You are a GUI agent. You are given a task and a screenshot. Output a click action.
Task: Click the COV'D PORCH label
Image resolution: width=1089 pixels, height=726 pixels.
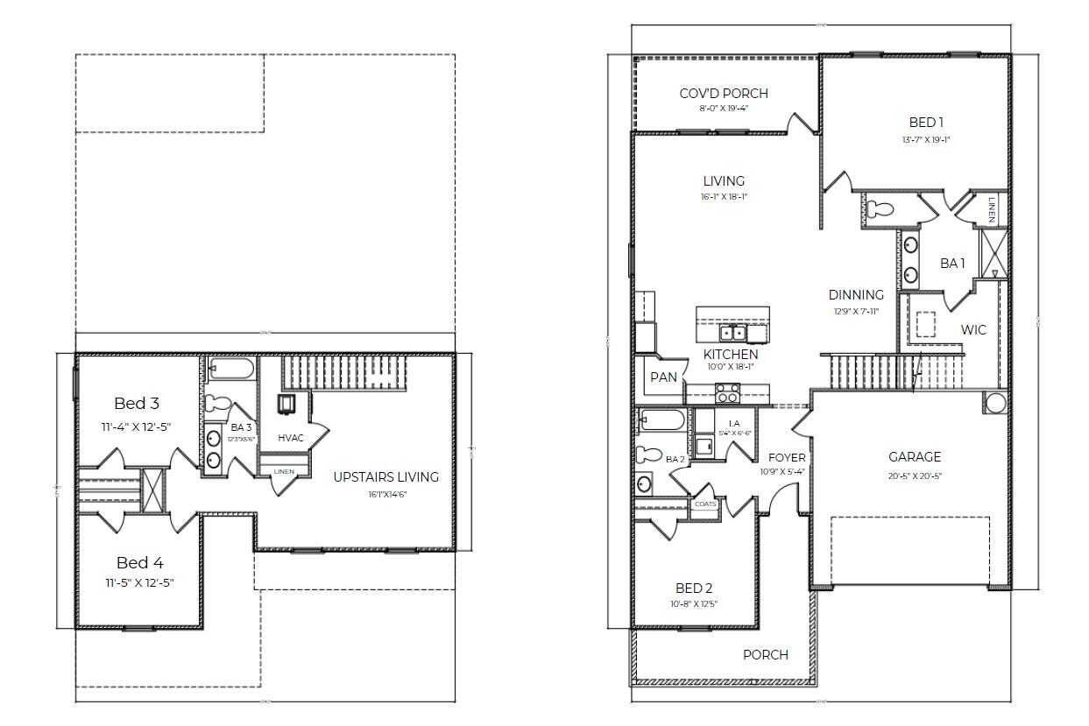coord(724,94)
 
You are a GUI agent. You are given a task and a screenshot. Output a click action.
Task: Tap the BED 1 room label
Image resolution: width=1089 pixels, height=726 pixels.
coord(926,123)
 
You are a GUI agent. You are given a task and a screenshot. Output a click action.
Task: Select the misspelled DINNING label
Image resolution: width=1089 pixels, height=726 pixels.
coord(856,295)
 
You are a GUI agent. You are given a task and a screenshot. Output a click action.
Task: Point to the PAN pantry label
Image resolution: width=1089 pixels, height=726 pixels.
coord(663,377)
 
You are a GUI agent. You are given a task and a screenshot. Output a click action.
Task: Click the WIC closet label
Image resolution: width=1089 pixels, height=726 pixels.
coord(973,330)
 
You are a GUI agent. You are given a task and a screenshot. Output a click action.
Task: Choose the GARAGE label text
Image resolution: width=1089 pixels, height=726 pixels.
coord(915,457)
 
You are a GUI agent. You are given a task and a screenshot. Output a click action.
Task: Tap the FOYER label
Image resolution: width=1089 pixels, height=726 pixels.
coord(787,457)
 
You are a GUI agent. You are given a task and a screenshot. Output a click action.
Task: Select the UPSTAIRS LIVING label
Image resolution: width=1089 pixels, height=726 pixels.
coord(385,477)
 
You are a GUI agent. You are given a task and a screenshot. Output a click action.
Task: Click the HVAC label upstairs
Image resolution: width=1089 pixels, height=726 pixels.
coord(291,437)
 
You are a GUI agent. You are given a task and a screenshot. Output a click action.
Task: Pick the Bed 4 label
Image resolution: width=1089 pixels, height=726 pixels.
coord(139,563)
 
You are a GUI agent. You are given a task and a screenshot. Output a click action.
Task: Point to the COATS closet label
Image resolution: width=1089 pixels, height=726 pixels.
coord(705,504)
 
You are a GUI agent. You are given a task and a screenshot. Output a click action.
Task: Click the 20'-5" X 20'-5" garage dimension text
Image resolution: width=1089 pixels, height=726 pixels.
coord(915,476)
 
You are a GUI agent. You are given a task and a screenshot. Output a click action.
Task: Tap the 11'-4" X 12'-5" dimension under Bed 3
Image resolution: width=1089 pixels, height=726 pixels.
coord(137,426)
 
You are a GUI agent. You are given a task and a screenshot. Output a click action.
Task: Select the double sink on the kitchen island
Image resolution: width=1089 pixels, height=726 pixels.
coord(732,333)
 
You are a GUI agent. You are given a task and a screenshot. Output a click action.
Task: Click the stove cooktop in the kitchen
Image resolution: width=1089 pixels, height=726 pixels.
coord(727,392)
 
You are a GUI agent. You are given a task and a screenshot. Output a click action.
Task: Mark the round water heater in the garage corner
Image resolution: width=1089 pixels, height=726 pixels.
coord(996,404)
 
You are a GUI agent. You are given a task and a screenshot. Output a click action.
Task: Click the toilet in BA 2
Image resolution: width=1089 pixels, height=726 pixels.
coord(649,454)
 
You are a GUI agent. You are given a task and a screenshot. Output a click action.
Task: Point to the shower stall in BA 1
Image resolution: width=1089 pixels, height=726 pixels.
coord(994,251)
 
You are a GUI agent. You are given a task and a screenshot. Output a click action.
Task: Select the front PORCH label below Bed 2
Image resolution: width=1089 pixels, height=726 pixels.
coord(765,654)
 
